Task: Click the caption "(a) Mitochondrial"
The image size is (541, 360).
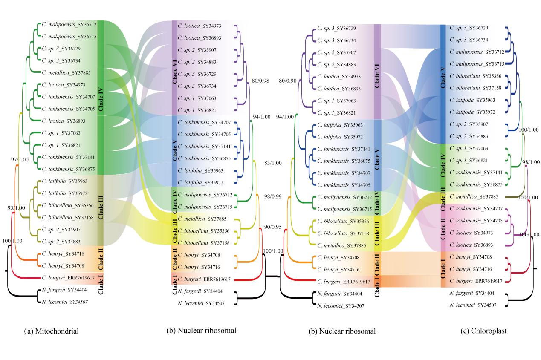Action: (x=52, y=331)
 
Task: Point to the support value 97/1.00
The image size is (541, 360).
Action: (x=20, y=159)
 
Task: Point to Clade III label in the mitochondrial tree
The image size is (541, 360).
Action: (x=101, y=206)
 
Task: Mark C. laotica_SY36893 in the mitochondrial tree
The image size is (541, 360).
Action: (x=63, y=121)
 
